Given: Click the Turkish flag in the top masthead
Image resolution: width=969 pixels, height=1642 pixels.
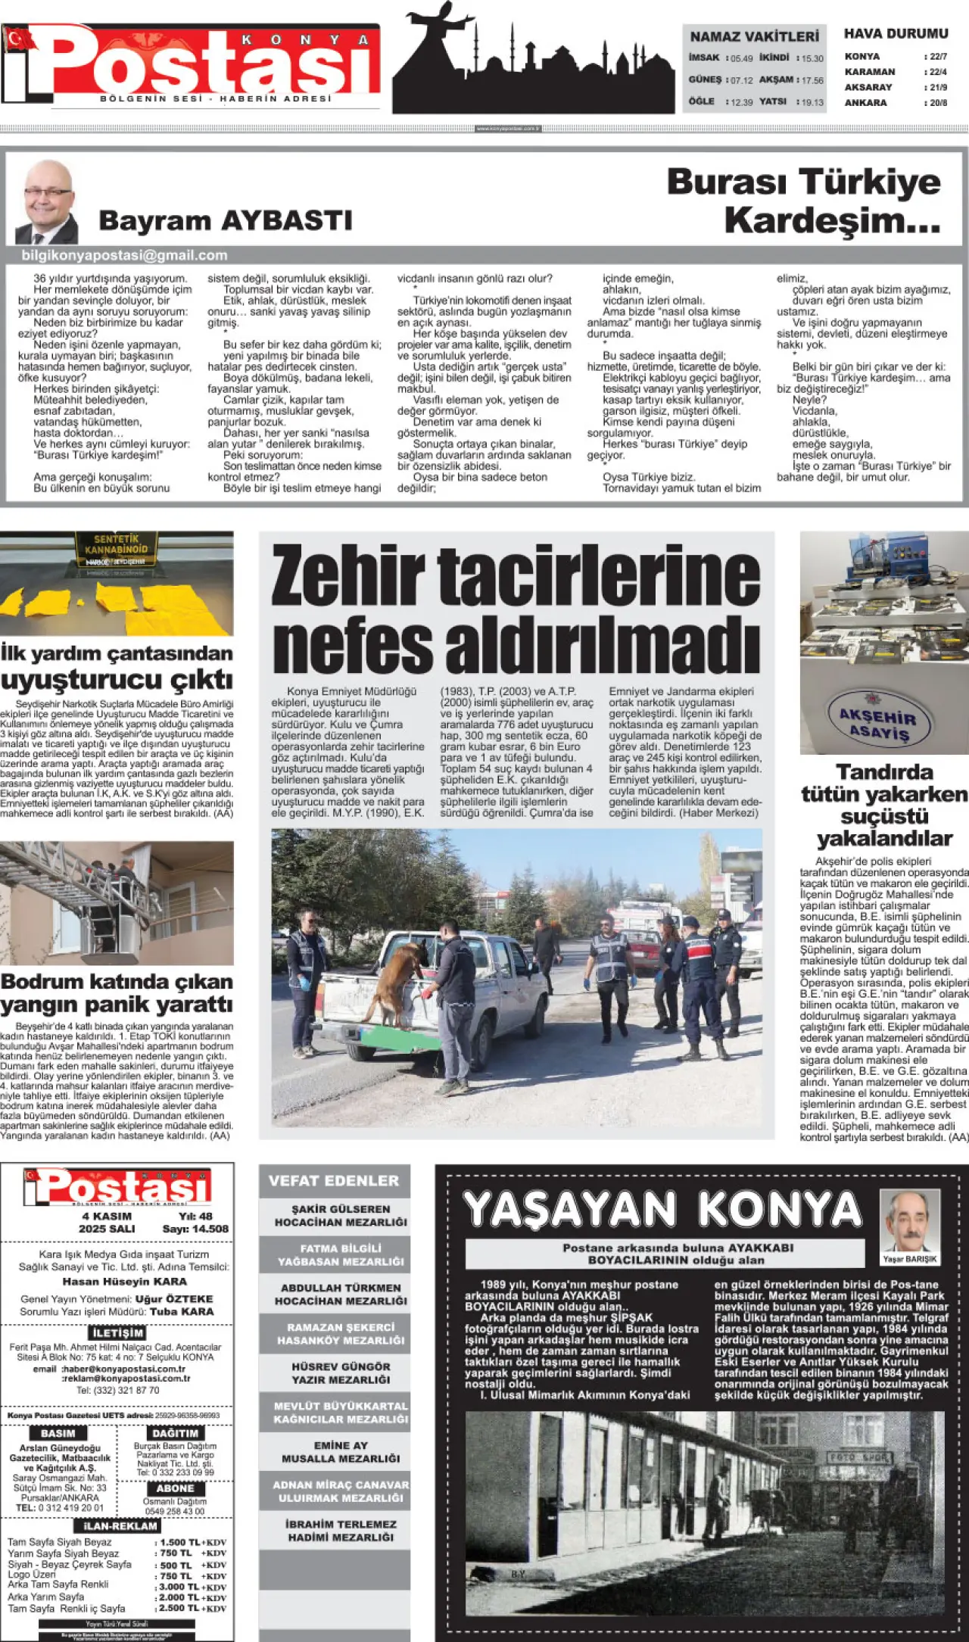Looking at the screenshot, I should coord(20,39).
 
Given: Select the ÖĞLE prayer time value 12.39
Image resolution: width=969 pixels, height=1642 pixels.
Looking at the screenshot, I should coord(742,102).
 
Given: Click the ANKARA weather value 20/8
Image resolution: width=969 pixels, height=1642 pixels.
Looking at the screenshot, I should coord(938,103).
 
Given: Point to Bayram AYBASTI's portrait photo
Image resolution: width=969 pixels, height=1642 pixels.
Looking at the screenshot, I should coord(47,201).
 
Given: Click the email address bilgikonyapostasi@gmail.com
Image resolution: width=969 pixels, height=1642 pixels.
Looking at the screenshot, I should coord(124,256).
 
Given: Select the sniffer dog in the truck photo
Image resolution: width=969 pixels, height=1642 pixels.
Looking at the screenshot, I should coord(393,976).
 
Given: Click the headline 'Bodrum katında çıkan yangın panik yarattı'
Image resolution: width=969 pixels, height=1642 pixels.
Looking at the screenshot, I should coord(117,992).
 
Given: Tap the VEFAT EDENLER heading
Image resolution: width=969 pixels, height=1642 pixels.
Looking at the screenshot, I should coord(333,1181).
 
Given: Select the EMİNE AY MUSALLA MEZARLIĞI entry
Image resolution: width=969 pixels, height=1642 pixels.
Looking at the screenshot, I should coord(340,1452).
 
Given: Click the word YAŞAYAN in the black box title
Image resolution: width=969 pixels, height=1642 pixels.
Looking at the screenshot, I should coord(569,1210).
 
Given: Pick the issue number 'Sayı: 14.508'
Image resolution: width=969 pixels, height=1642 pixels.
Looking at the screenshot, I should coord(195,1229).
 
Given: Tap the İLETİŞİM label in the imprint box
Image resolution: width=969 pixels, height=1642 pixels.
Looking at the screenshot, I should coord(117,1332).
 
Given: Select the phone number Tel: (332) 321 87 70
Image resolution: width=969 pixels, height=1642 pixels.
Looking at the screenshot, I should coord(117,1390).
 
